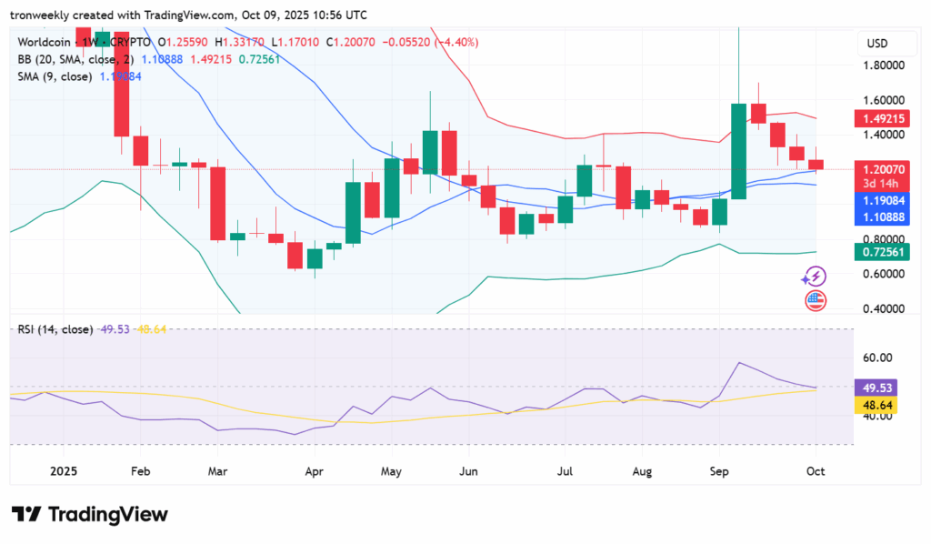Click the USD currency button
[877, 44]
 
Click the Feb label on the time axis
[140, 472]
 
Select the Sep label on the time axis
[717, 472]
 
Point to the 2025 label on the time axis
[63, 472]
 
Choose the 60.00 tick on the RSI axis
[877, 358]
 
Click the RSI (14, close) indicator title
[55, 328]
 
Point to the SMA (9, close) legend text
[55, 76]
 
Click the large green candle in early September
[738, 151]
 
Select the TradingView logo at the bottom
[90, 514]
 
